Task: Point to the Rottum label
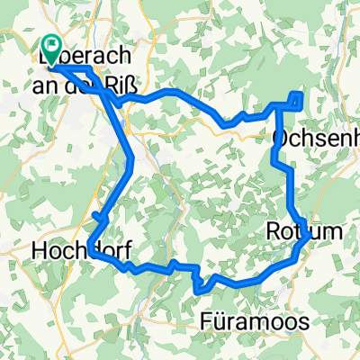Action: click(x=305, y=232)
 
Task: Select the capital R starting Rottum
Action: click(x=274, y=232)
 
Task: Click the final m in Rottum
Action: click(x=334, y=232)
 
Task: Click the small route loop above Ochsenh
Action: click(x=296, y=99)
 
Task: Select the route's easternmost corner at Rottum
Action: click(x=309, y=235)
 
